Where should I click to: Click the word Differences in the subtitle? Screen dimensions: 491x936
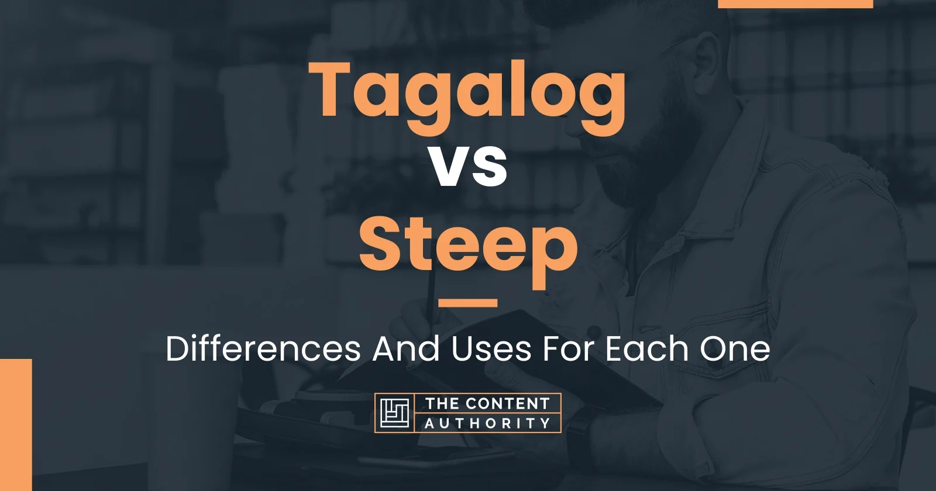(x=263, y=349)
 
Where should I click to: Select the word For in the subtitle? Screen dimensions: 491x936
(x=571, y=349)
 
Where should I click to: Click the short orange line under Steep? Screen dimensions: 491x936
(x=467, y=303)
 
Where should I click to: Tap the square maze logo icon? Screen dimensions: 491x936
(x=394, y=413)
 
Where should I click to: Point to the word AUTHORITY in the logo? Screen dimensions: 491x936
(x=487, y=423)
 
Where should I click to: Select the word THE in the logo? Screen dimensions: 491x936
(x=442, y=404)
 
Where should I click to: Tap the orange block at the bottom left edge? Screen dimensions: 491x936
(x=15, y=424)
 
